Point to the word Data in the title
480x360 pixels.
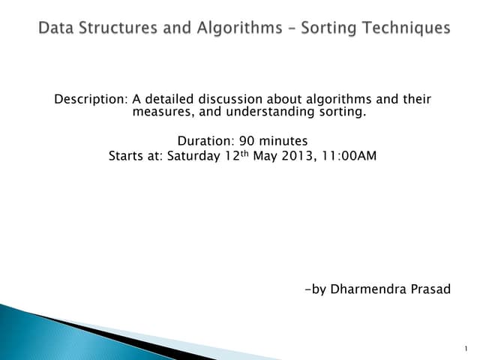click(58, 28)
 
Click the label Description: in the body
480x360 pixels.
click(91, 100)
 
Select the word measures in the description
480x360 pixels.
click(159, 112)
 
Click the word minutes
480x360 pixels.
click(283, 141)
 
